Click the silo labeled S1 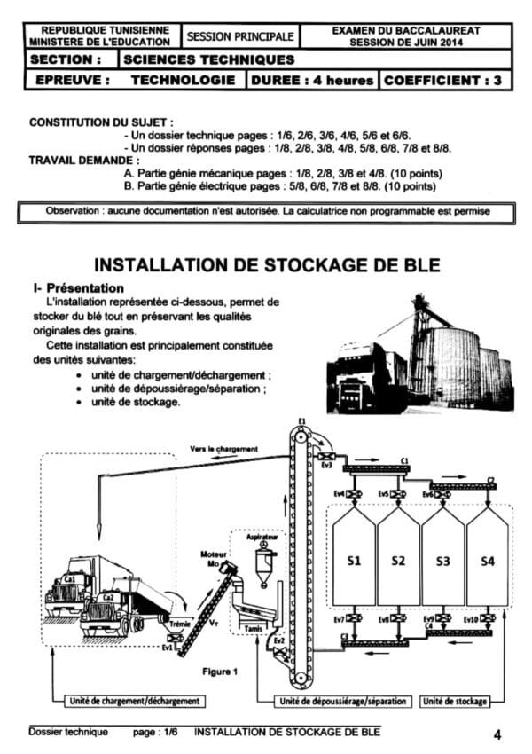(x=354, y=561)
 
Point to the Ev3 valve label (x=326, y=465)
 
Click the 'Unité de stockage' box (x=455, y=701)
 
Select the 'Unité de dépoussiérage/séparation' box (x=342, y=701)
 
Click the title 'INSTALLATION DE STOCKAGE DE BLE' (x=267, y=265)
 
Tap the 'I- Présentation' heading (x=77, y=288)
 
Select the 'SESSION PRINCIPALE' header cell (x=239, y=36)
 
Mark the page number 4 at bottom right (x=497, y=734)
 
